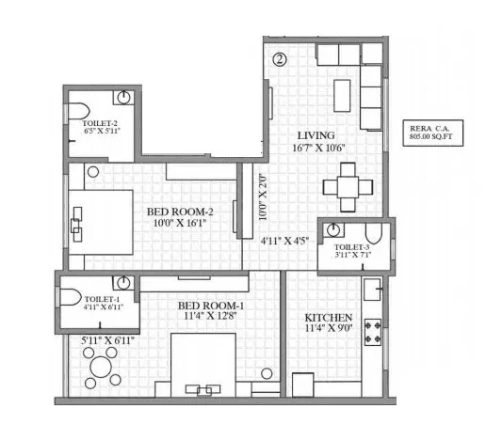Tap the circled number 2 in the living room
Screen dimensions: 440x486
(x=280, y=58)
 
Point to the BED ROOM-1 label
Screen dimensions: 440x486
(x=211, y=306)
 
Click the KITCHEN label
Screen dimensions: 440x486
(x=329, y=318)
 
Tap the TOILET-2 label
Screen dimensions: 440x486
(x=100, y=123)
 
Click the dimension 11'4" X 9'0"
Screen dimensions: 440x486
(x=329, y=330)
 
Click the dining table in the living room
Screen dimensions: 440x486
(x=347, y=185)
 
